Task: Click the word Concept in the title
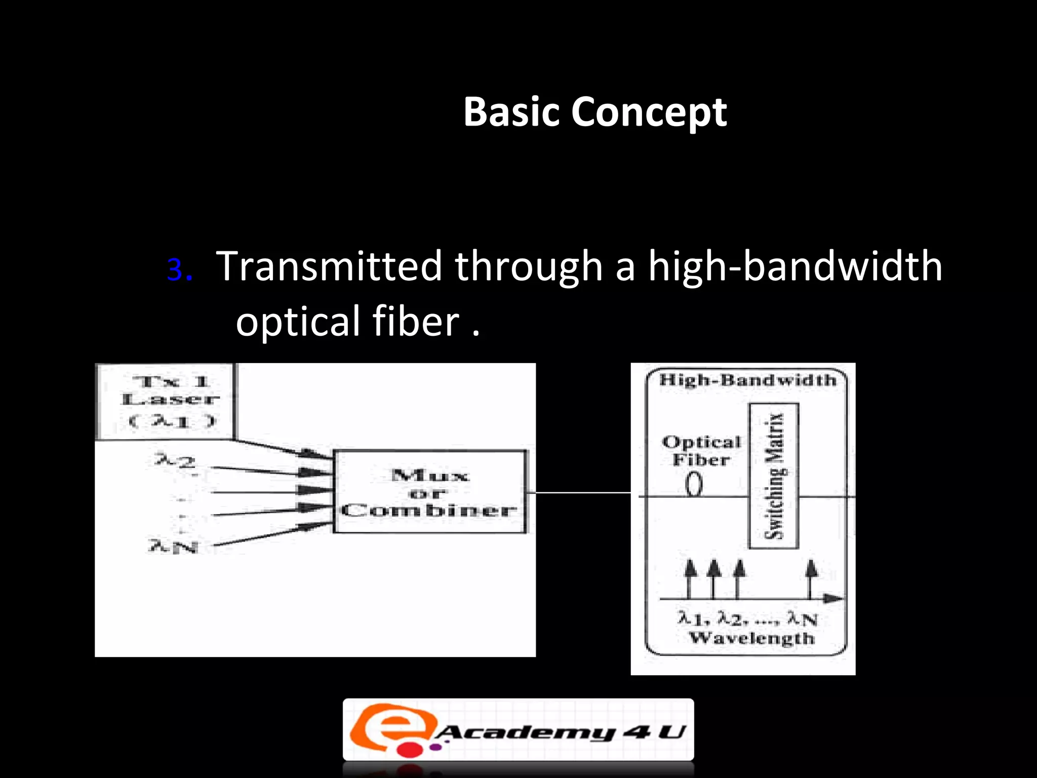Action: coord(649,112)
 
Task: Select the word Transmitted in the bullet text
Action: coord(329,266)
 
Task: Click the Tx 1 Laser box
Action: coord(166,401)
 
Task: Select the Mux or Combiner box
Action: coord(429,492)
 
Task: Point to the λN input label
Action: coord(173,546)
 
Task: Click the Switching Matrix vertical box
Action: coord(774,476)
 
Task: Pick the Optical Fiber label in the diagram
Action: coord(701,451)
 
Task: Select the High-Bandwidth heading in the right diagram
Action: coord(748,380)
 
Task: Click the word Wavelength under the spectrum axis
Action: coord(751,638)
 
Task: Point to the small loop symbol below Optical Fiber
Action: coord(694,485)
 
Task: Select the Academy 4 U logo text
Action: coord(560,732)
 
